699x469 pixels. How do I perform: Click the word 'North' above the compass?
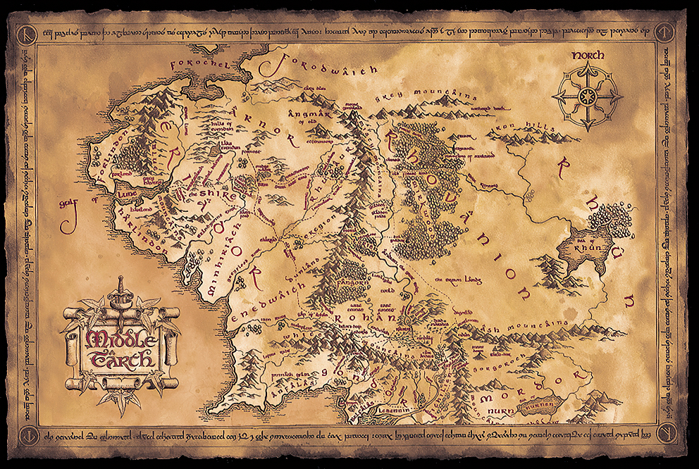(587, 55)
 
